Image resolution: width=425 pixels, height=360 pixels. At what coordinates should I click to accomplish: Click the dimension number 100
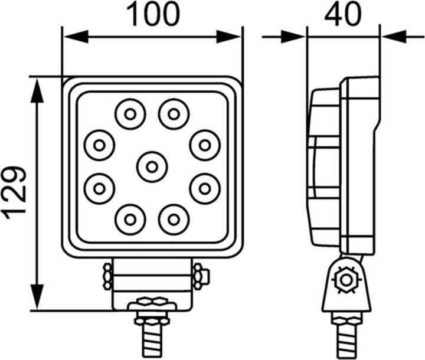(152, 15)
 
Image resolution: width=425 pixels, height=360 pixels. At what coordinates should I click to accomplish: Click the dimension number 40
(342, 15)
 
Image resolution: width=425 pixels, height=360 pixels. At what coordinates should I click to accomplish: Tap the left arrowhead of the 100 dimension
(74, 37)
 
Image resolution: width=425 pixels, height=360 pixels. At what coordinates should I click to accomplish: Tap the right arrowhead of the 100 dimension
(232, 37)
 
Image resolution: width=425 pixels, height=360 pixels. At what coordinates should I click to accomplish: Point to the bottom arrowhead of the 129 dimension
(37, 299)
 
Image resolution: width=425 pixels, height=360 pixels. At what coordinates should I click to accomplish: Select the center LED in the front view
(152, 166)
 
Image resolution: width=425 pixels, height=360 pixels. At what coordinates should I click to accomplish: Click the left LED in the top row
(130, 113)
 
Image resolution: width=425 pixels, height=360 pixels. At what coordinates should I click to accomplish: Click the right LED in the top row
(174, 113)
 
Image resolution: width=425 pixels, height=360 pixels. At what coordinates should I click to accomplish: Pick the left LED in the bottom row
(130, 220)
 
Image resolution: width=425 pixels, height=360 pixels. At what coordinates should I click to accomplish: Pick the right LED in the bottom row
(174, 220)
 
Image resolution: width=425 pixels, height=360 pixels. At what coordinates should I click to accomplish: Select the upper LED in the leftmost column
(99, 144)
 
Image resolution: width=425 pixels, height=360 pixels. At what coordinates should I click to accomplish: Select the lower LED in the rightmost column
(205, 189)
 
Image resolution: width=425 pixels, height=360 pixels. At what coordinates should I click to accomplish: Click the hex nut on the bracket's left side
(107, 276)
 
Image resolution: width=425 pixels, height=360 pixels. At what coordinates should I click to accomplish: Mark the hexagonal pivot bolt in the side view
(344, 280)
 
